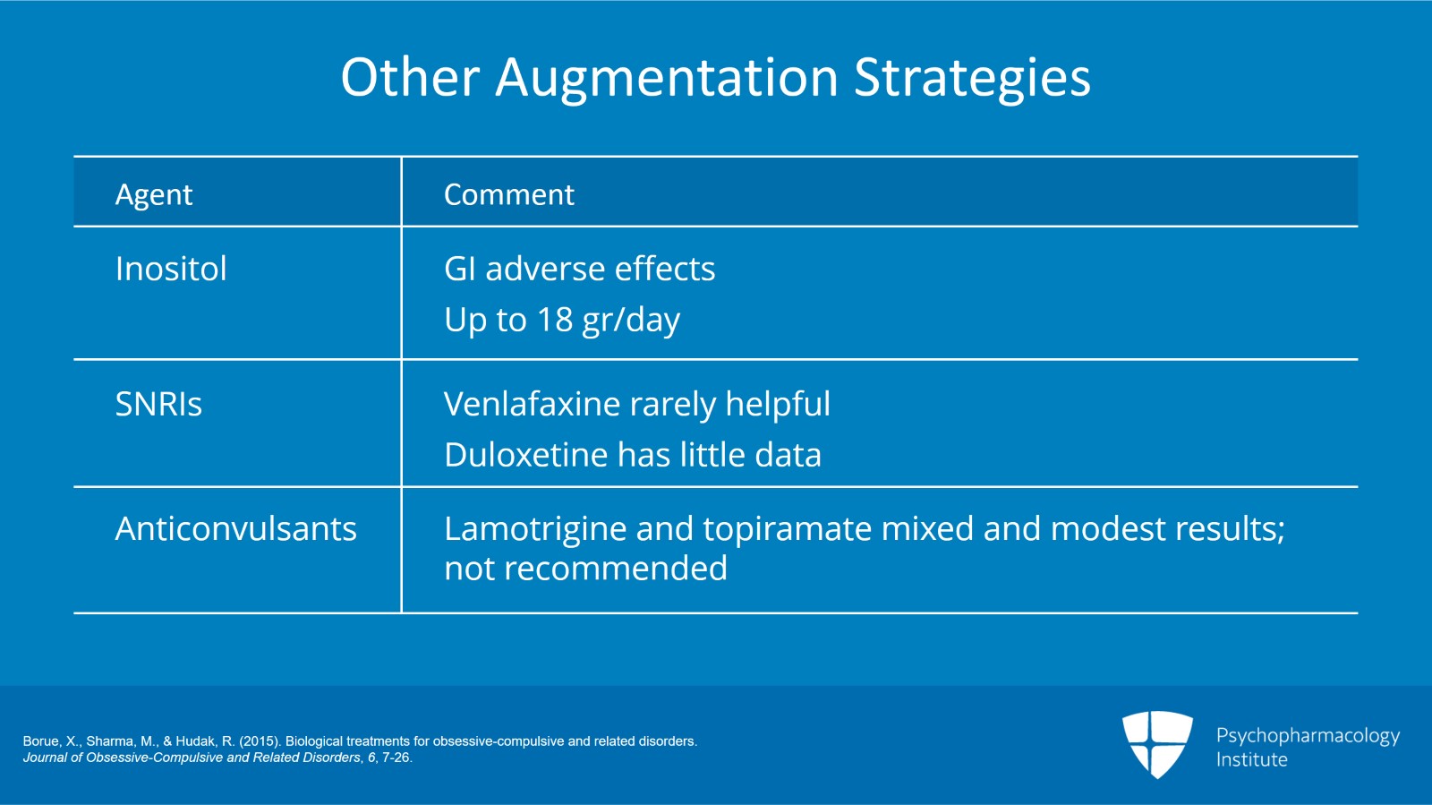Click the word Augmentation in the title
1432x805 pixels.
(x=667, y=77)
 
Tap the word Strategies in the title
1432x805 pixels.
(x=972, y=79)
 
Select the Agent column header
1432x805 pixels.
(x=154, y=194)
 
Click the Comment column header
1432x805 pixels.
(x=508, y=194)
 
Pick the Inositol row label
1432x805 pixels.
(x=171, y=269)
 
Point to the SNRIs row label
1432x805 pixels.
(x=158, y=405)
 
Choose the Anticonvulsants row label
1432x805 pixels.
(x=236, y=529)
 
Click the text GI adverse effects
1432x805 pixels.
(x=579, y=269)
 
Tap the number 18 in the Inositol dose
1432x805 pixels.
(x=555, y=320)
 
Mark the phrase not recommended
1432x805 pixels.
(x=585, y=569)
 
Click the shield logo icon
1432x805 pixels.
(x=1157, y=743)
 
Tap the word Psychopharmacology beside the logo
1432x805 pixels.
(x=1308, y=736)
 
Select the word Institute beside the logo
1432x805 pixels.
(x=1251, y=759)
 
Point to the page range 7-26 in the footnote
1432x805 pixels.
(x=396, y=758)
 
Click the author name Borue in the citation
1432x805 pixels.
(x=41, y=741)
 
